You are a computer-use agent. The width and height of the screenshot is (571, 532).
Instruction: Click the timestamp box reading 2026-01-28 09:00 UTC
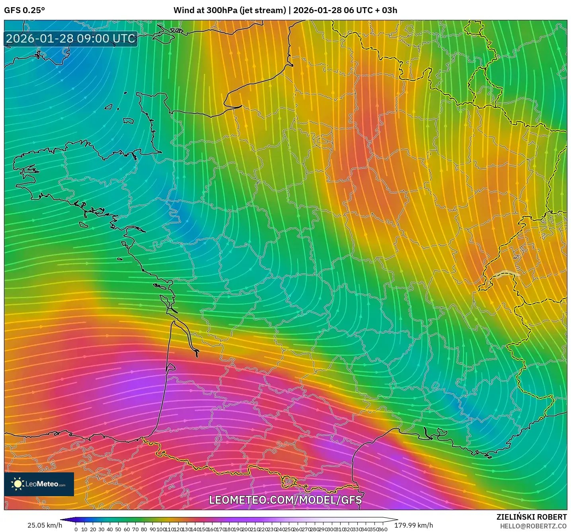[x=71, y=39]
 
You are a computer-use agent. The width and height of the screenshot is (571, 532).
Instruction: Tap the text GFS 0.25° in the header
[x=24, y=10]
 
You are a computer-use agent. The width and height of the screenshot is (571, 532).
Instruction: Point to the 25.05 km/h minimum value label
[x=45, y=525]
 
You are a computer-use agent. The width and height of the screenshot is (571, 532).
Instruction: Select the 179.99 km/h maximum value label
[x=413, y=525]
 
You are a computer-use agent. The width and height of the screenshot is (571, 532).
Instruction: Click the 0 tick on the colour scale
[x=76, y=529]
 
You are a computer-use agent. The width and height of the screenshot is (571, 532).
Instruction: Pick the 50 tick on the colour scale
[x=118, y=529]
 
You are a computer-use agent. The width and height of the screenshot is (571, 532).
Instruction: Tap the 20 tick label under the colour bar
[x=93, y=529]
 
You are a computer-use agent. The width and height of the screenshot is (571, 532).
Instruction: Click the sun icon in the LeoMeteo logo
[x=18, y=484]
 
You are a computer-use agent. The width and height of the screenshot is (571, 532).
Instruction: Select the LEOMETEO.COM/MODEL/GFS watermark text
[x=285, y=500]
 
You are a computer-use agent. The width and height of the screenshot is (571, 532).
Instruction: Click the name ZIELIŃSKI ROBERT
[x=531, y=517]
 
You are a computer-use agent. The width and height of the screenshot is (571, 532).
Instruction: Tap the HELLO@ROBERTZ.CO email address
[x=533, y=526]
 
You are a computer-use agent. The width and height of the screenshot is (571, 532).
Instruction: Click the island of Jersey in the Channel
[x=128, y=120]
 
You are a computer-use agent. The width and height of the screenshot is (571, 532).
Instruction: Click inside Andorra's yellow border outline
[x=289, y=482]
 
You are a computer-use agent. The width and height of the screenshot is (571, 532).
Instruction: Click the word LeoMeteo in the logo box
[x=42, y=484]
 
